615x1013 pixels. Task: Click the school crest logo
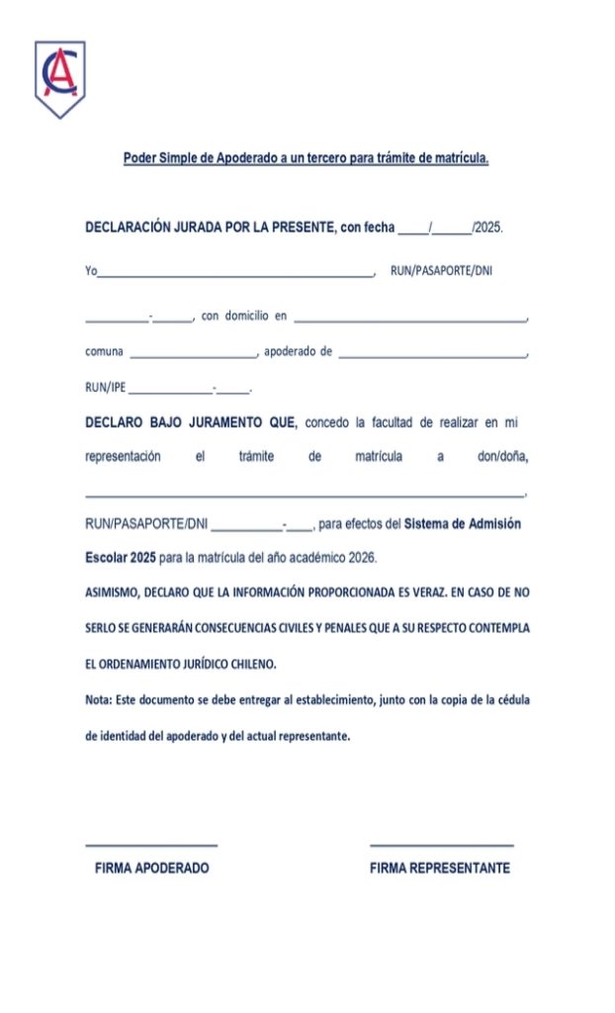(x=59, y=78)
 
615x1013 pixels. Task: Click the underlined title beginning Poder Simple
(x=307, y=157)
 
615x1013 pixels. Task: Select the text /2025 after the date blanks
(x=488, y=228)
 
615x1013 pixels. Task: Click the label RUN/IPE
(x=105, y=387)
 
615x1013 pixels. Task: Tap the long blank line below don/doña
(x=305, y=493)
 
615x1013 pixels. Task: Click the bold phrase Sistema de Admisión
(x=463, y=524)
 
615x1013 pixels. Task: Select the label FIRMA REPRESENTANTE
(x=440, y=869)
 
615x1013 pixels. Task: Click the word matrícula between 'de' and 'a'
(x=378, y=457)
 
